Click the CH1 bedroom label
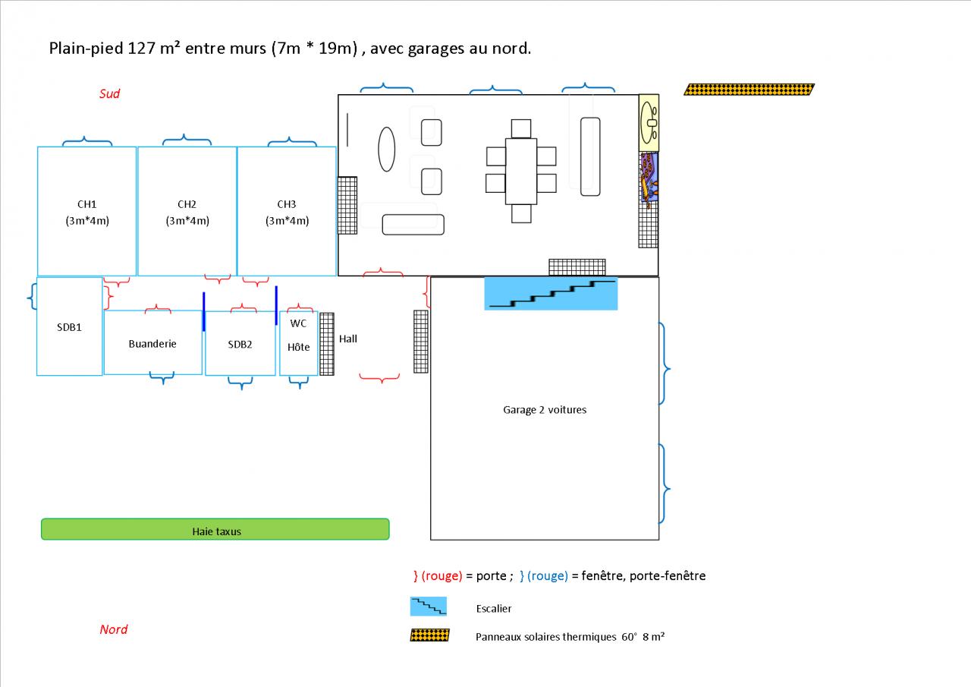tap(86, 204)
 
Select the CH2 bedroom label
tap(187, 204)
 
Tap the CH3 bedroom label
tap(287, 204)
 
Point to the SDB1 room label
tap(69, 327)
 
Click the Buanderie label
tap(152, 344)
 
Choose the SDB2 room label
tap(240, 345)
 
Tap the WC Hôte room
tap(299, 335)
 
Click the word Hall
tap(348, 339)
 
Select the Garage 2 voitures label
tap(545, 410)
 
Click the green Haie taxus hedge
tap(215, 530)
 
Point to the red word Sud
tap(110, 94)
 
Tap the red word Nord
tap(114, 629)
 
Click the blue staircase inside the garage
tap(551, 294)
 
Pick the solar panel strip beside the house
tap(749, 90)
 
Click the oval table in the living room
tap(387, 149)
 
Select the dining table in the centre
tap(521, 171)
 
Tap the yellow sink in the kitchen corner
tap(649, 120)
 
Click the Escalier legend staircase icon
tap(429, 607)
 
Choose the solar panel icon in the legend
tap(429, 635)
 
